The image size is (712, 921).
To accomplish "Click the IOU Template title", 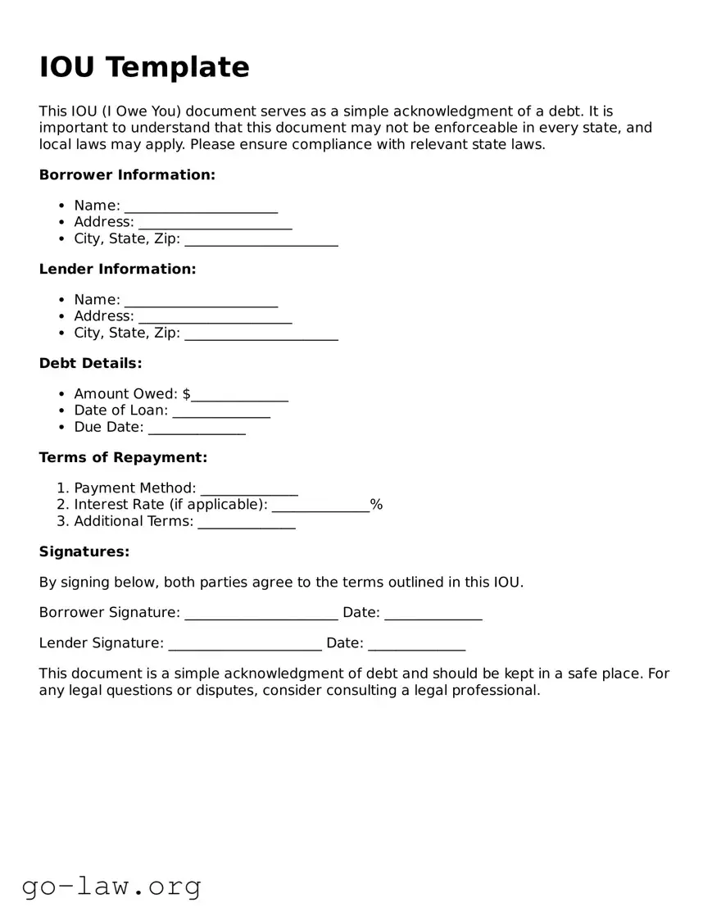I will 144,67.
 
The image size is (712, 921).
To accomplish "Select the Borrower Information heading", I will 127,175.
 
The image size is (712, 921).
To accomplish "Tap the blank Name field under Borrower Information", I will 201,206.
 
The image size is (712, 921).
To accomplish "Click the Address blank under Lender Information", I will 215,317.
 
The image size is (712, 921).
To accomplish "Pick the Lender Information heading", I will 117,269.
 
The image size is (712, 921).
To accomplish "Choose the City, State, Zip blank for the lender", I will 261,333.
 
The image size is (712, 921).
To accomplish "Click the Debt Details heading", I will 90,363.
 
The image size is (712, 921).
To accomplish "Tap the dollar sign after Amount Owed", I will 187,394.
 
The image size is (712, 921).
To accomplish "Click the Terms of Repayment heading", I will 123,457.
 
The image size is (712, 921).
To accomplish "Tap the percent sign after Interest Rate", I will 377,505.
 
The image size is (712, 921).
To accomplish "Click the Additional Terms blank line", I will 247,522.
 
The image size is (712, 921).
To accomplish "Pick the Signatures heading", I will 84,551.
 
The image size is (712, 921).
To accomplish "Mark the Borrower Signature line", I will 261,614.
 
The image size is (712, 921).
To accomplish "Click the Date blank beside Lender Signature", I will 416,644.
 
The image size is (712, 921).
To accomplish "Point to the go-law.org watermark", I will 111,886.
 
